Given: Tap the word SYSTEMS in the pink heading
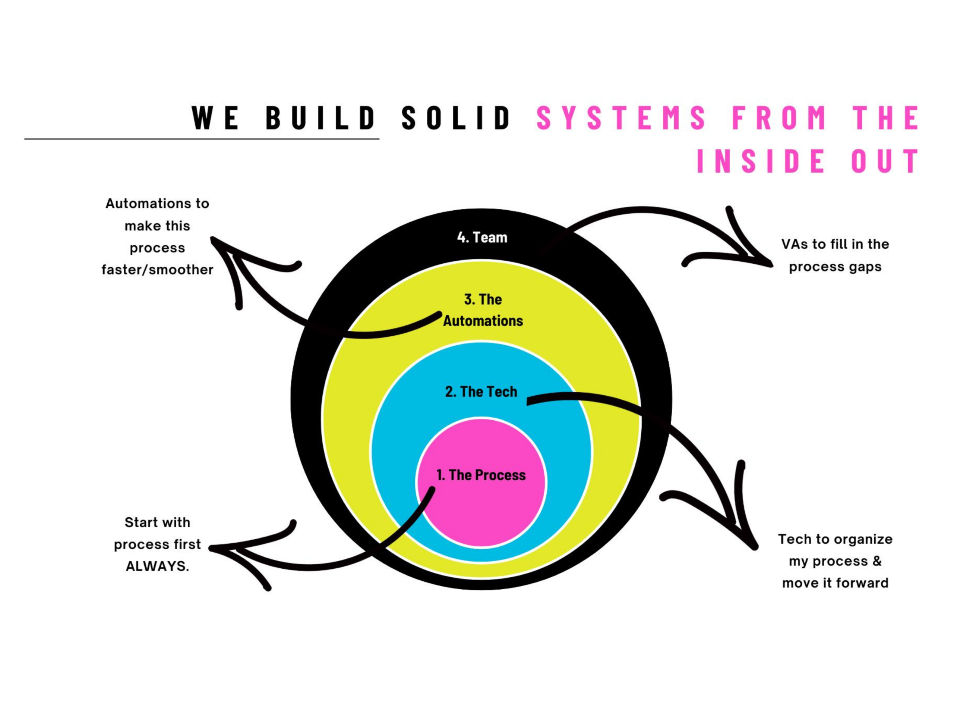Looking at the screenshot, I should [621, 117].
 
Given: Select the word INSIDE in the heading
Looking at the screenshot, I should [761, 161].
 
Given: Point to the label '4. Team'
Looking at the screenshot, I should [482, 238].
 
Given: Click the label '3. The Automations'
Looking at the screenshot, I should [483, 310].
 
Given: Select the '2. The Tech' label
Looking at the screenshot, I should [481, 392].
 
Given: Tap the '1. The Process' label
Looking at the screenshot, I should [481, 475].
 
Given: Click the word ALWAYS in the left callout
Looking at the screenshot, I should [157, 566].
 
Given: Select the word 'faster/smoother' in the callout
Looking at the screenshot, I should [157, 270].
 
